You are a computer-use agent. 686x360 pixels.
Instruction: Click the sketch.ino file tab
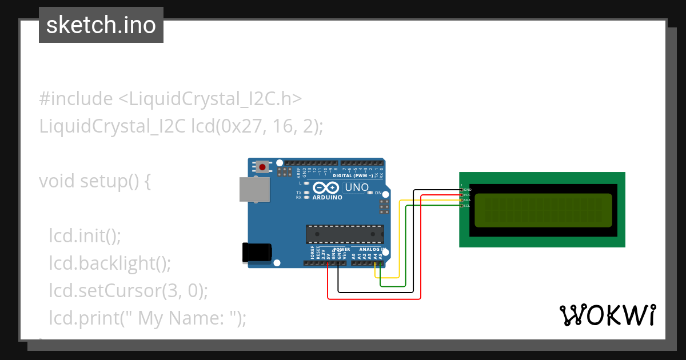pos(101,25)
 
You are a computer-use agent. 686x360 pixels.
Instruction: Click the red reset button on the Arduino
pos(262,167)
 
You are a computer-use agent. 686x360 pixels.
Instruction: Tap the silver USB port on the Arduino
pos(254,189)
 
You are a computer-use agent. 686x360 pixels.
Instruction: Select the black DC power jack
pos(257,253)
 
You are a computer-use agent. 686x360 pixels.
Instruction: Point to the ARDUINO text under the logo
pos(328,198)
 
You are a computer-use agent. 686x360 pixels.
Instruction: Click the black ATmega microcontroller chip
pos(345,234)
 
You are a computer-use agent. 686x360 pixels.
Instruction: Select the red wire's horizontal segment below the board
pos(374,298)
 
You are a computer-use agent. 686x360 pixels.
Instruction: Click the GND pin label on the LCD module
pos(468,190)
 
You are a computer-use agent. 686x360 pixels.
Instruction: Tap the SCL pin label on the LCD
pos(467,205)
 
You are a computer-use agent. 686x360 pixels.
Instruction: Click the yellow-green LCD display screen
pos(543,210)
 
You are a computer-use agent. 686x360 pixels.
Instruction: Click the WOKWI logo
pos(607,315)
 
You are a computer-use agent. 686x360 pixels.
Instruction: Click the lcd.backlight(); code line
pos(110,263)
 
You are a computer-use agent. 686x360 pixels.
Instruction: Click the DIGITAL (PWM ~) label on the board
pos(353,176)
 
